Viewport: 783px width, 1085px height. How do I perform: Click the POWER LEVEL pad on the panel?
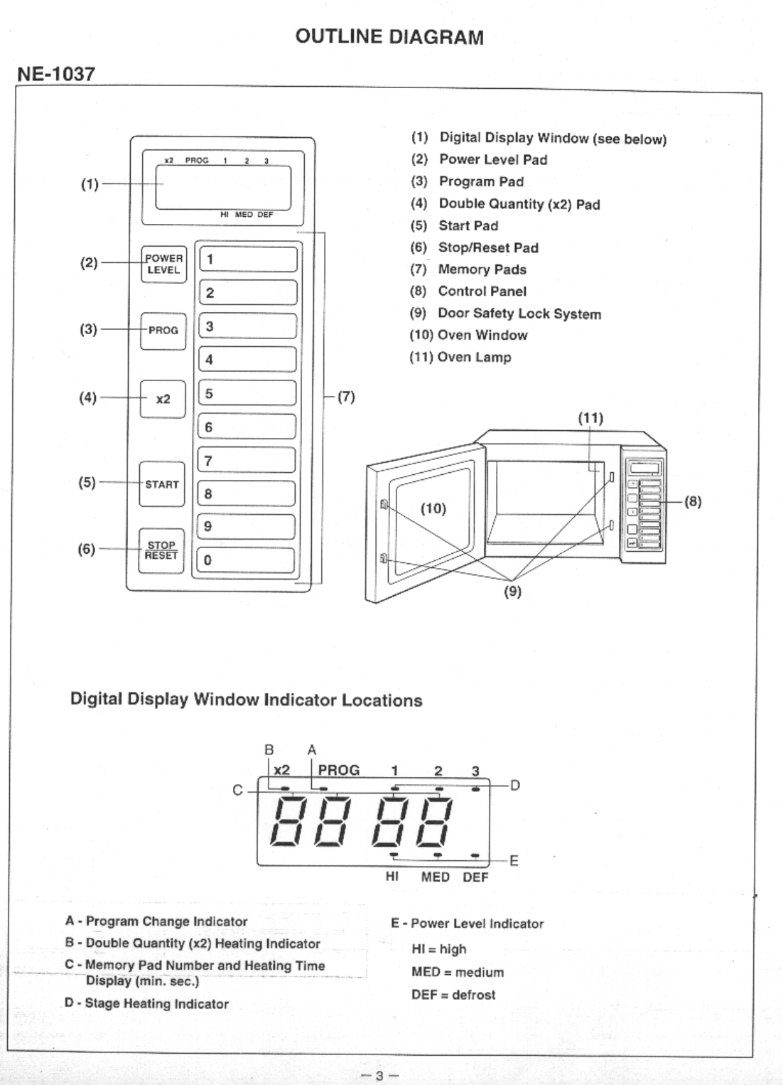(164, 264)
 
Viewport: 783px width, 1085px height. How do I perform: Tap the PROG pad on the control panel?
(163, 331)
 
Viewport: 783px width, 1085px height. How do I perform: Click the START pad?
(162, 484)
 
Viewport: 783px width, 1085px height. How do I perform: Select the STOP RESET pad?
(161, 551)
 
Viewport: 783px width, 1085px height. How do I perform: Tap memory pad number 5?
(247, 392)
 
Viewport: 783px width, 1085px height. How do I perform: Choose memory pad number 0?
(246, 560)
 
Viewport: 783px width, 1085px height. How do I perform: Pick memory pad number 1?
(248, 259)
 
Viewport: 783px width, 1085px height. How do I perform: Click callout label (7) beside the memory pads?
(346, 397)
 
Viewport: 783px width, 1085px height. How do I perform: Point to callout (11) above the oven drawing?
(591, 418)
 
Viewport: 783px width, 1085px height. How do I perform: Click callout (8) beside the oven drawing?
(693, 501)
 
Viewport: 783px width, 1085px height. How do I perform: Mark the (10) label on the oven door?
(433, 508)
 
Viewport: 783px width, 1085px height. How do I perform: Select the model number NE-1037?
(56, 74)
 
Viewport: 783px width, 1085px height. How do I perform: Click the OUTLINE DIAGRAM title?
(389, 37)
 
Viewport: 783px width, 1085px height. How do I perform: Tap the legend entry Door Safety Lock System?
(519, 314)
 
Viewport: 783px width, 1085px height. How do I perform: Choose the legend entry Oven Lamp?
(474, 358)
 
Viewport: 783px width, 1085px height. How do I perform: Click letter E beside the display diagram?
(514, 861)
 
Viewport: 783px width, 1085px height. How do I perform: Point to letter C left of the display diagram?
(237, 790)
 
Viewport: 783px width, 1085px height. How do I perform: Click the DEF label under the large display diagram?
(475, 877)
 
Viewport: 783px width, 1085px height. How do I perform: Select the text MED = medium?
(458, 972)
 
